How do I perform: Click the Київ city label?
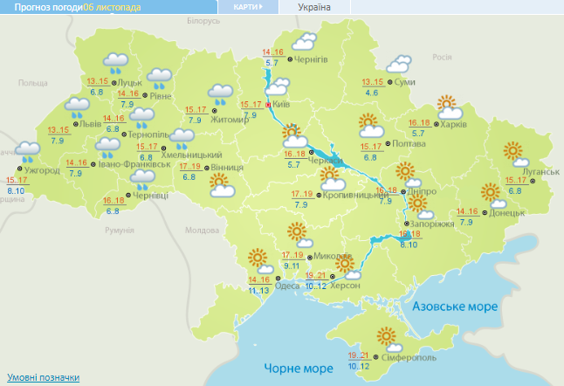(x=282, y=104)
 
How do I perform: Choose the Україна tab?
(x=314, y=7)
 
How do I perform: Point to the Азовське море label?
(x=454, y=307)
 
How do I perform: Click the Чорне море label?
(x=292, y=368)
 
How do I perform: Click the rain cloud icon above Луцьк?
(x=115, y=62)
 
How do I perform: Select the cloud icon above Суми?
(x=398, y=64)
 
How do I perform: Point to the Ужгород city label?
(x=42, y=169)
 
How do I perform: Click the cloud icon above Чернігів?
(x=305, y=41)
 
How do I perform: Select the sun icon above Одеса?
(x=257, y=258)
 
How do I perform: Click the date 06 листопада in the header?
(x=113, y=7)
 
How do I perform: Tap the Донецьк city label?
(x=507, y=212)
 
